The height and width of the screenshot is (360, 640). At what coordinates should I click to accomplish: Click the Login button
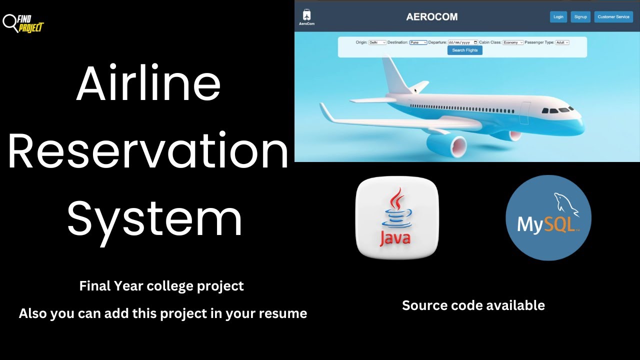[x=558, y=17]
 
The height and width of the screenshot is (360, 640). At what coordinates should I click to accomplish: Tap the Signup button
[x=580, y=17]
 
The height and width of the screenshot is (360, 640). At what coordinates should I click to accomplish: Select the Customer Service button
[x=613, y=17]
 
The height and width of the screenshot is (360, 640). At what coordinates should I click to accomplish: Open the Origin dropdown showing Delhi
[x=377, y=42]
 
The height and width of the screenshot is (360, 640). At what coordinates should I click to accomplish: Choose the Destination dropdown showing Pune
[x=418, y=42]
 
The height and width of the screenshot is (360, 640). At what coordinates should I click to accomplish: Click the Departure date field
[x=462, y=42]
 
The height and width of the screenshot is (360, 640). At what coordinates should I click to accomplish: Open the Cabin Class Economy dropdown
[x=513, y=42]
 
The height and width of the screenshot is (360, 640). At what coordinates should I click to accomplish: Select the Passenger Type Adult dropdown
[x=562, y=42]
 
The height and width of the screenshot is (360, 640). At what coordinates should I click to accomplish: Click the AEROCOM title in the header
[x=431, y=17]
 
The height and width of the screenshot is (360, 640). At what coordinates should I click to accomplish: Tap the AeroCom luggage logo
[x=306, y=16]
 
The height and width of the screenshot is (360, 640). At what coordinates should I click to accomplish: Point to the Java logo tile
[x=396, y=217]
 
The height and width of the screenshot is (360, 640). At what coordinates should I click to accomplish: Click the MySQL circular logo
[x=548, y=217]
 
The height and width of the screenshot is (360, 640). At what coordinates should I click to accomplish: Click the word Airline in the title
[x=148, y=83]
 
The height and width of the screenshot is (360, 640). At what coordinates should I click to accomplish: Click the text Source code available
[x=473, y=305]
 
